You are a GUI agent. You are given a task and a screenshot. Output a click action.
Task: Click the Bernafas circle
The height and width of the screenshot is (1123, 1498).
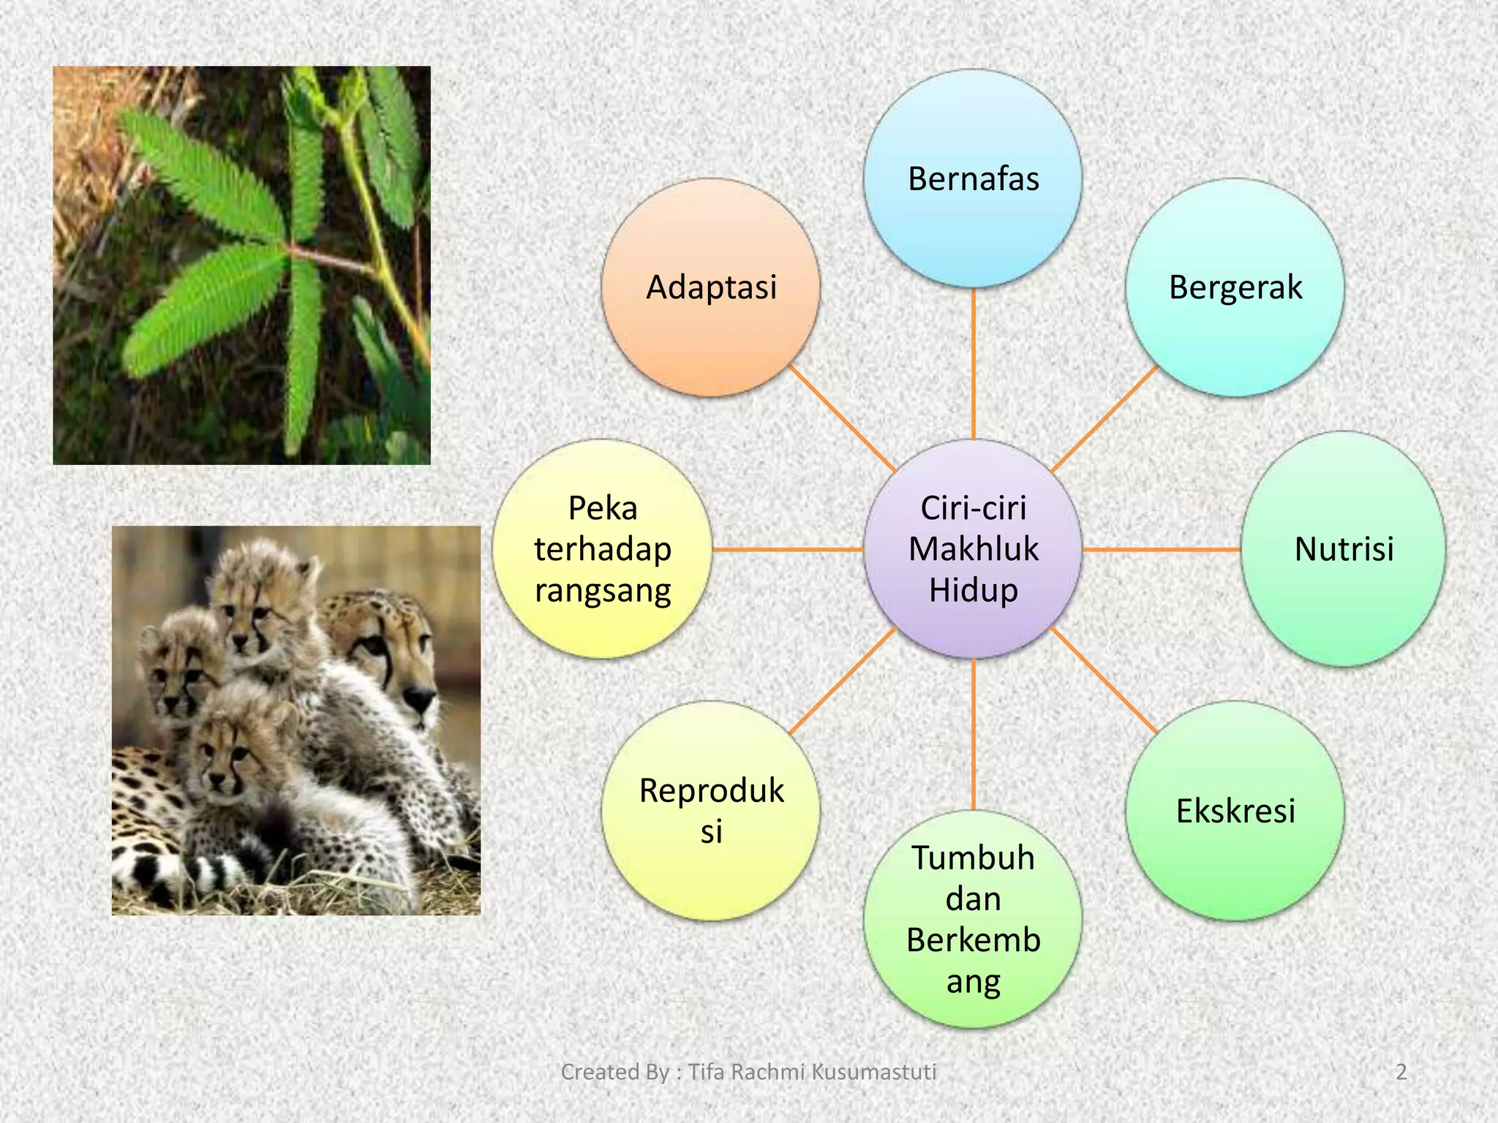click(x=973, y=178)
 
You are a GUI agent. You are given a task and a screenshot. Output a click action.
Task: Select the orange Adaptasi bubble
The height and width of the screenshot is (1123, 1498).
click(x=710, y=287)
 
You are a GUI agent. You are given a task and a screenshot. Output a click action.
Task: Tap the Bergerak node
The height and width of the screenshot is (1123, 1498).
click(x=1235, y=287)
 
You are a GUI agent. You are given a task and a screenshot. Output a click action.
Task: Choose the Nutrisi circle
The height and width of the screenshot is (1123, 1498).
click(x=1343, y=549)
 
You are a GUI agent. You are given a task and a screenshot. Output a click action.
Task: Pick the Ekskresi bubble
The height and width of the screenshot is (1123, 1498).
click(x=1235, y=811)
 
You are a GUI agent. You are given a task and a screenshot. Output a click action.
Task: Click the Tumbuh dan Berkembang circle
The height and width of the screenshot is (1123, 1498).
click(x=973, y=919)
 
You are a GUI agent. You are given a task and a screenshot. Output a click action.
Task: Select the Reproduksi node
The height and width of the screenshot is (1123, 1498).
click(x=710, y=811)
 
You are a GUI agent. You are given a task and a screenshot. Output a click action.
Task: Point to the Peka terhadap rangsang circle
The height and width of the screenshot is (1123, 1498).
click(x=602, y=549)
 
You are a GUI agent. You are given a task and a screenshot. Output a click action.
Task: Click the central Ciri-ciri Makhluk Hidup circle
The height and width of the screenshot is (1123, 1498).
click(x=973, y=549)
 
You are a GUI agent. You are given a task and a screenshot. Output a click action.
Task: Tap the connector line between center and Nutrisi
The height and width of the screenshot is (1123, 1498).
click(x=1162, y=549)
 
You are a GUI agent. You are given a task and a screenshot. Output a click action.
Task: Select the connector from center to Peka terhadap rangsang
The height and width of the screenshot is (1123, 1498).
click(x=787, y=549)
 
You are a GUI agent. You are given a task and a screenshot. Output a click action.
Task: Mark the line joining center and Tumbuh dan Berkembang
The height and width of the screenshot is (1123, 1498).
click(x=974, y=734)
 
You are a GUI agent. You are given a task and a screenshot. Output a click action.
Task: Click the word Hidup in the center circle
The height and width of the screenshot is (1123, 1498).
click(x=973, y=591)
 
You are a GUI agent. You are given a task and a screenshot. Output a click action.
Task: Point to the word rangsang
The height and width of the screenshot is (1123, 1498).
click(x=603, y=591)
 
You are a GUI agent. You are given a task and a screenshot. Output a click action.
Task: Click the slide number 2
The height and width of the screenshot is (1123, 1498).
click(x=1401, y=1072)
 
